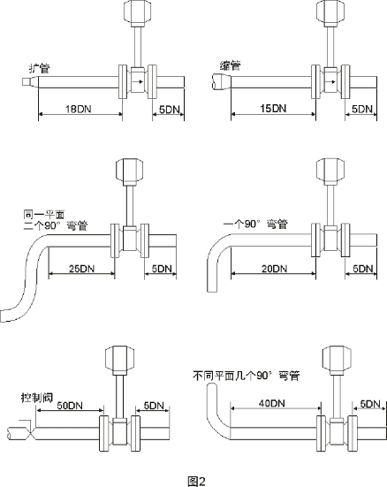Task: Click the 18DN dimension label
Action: [x=79, y=110]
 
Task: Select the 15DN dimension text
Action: [x=273, y=109]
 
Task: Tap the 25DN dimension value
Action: [x=81, y=269]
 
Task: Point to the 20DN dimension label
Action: [x=274, y=269]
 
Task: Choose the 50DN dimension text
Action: [x=70, y=406]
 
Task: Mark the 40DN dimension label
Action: [x=272, y=403]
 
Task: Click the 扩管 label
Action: [x=40, y=68]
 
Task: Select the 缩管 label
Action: [x=230, y=65]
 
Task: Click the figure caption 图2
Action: [x=197, y=481]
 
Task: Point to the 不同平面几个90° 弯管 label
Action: [x=247, y=376]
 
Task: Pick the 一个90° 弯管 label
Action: [x=255, y=224]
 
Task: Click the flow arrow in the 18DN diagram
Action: [x=138, y=81]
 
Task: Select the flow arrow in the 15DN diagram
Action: [x=330, y=81]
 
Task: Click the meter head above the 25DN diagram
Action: [x=130, y=171]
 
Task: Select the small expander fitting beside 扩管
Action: [x=30, y=81]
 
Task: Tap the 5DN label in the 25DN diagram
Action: [x=162, y=269]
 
